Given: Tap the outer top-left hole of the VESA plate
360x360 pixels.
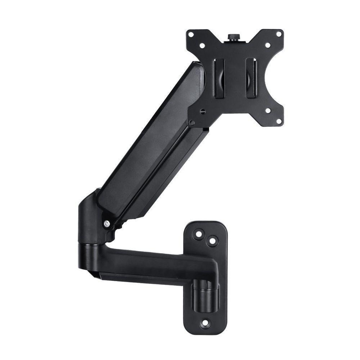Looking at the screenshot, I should [192, 35].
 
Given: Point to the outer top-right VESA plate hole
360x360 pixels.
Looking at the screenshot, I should [278, 34].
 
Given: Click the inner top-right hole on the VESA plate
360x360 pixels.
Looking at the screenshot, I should [267, 45].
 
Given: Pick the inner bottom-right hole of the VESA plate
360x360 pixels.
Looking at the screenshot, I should [268, 111].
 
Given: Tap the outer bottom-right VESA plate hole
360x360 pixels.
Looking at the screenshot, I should [279, 121].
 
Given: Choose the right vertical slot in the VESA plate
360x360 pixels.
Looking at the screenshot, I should [251, 77].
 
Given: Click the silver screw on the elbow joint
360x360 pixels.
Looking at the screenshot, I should [107, 224].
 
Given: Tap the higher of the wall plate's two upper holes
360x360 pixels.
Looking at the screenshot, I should [198, 234].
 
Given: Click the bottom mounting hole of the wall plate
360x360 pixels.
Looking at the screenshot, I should [205, 323].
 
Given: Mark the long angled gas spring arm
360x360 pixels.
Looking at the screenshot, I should [151, 144].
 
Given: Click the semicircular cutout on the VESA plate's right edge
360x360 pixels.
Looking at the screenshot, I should [277, 78].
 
